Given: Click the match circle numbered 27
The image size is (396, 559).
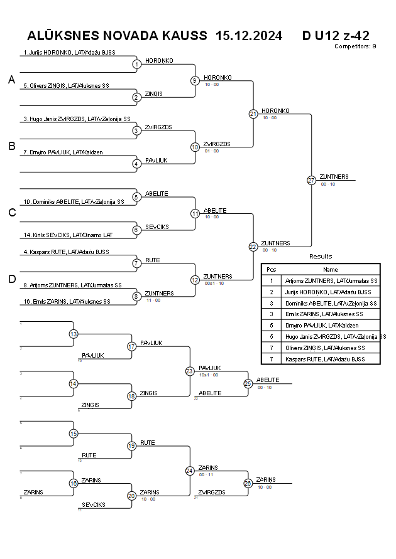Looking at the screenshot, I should click(x=311, y=180).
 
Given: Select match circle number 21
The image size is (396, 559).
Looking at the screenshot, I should click(x=253, y=114).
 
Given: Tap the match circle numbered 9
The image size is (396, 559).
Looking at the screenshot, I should click(x=195, y=80).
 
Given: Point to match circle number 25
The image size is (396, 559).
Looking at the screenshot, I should click(x=248, y=383).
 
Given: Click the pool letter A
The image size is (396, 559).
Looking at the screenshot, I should click(x=11, y=80).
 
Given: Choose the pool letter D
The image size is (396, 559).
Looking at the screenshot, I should click(x=11, y=280).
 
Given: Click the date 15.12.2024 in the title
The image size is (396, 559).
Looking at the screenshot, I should click(x=248, y=35).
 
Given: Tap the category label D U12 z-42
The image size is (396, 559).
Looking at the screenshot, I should click(x=336, y=35).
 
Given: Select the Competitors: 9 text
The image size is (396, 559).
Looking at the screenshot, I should click(x=355, y=46).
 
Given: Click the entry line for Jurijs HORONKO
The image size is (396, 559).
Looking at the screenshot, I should click(x=69, y=53).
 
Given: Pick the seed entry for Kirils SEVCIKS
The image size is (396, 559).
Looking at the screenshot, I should click(x=69, y=235).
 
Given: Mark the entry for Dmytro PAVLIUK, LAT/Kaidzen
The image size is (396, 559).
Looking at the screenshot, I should click(x=63, y=152).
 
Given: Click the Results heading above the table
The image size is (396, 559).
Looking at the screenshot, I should click(x=321, y=256).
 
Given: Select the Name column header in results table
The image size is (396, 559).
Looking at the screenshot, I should click(x=330, y=269).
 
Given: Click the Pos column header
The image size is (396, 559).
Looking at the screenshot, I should click(x=272, y=269).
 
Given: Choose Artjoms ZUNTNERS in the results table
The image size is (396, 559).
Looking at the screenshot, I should click(x=331, y=280).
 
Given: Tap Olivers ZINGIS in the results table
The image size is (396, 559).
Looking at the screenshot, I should click(x=331, y=348).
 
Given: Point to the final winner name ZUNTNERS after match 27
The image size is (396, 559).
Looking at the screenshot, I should click(x=334, y=176).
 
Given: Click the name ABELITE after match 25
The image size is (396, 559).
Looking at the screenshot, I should click(x=268, y=380).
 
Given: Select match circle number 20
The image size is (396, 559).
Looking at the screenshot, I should click(x=132, y=496).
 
